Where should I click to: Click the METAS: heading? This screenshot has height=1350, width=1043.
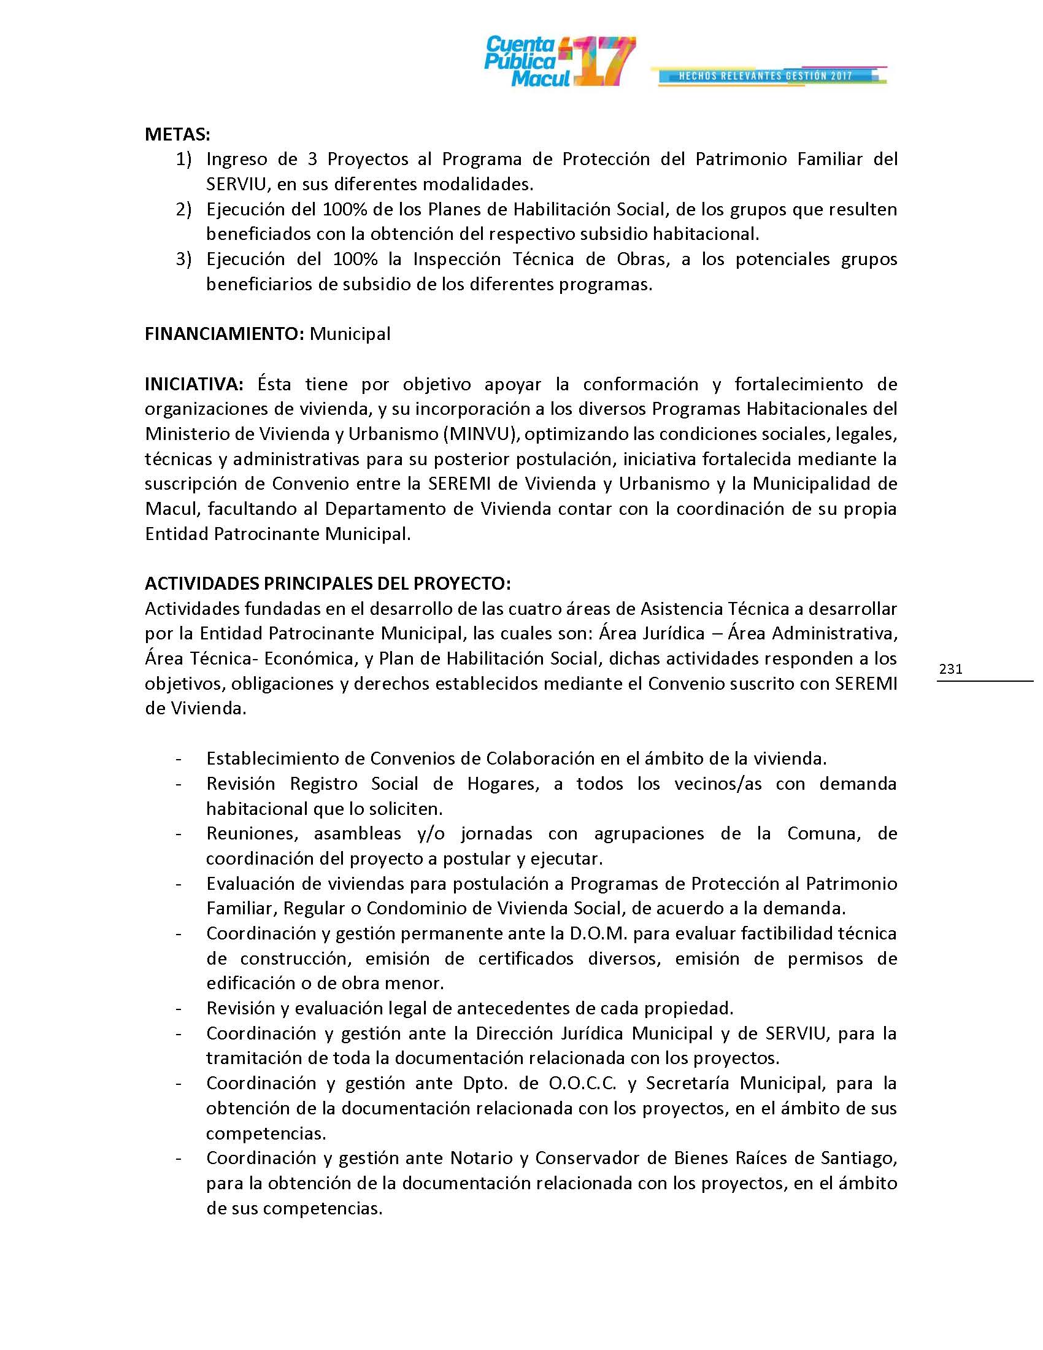(177, 134)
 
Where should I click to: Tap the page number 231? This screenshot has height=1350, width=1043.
(950, 669)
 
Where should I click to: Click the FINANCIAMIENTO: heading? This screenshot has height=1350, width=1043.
(225, 334)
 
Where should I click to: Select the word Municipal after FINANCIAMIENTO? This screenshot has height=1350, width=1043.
(350, 334)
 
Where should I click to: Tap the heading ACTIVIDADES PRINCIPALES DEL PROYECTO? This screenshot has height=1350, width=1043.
(328, 584)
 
